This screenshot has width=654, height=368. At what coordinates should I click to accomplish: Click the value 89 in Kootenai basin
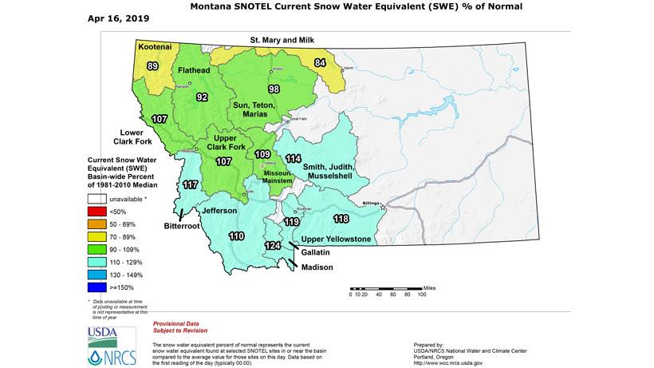click(152, 66)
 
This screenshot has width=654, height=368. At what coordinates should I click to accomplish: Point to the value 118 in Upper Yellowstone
click(341, 219)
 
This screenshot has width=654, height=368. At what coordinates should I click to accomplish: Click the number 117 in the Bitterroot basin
click(191, 185)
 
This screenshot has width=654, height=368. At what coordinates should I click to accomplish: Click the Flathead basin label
click(194, 70)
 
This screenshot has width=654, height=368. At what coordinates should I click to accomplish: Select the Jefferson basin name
click(219, 211)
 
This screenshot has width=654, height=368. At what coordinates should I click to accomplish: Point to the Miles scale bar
click(385, 288)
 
